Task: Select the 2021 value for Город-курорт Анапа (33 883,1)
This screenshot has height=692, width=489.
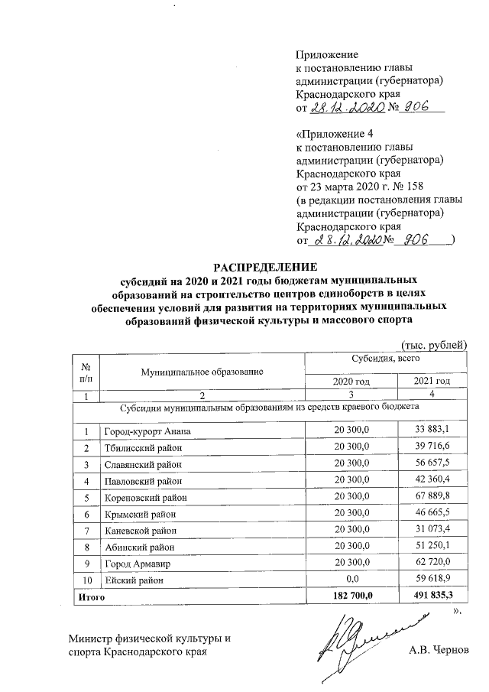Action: point(432,432)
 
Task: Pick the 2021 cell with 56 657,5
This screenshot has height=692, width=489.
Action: point(432,464)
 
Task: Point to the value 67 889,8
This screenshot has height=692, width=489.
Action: point(432,497)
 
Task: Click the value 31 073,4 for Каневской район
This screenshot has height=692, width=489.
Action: point(432,530)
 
